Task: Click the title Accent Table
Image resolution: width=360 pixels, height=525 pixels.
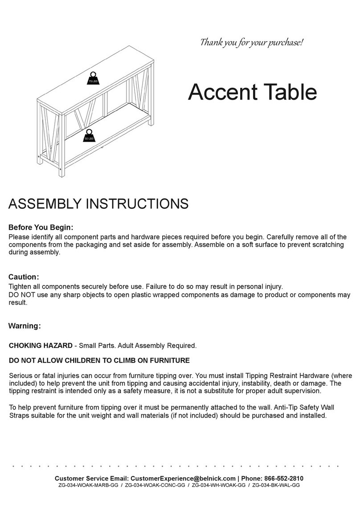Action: coord(252,92)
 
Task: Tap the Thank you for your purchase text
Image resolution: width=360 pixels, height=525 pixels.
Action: coord(252,43)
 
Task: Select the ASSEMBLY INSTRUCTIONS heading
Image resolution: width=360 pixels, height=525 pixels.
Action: coord(98,203)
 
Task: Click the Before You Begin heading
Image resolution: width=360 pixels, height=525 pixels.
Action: coord(41,227)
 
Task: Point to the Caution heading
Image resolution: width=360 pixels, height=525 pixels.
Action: coord(24,277)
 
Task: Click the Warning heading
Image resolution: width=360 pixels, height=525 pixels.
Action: coord(25,326)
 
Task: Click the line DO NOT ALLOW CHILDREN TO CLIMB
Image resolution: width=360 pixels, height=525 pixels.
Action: coord(99,360)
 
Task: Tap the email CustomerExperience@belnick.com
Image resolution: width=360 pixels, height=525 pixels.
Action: coord(183,478)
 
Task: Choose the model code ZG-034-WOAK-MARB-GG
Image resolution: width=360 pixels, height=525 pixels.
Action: coord(88,485)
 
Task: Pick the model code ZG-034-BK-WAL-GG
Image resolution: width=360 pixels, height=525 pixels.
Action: coord(276,485)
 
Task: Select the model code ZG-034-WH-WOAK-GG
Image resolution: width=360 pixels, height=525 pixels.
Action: coord(218,485)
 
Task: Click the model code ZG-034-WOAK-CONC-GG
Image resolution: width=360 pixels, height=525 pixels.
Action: coord(155,485)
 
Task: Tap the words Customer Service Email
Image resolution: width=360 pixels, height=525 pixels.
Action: coord(91,478)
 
